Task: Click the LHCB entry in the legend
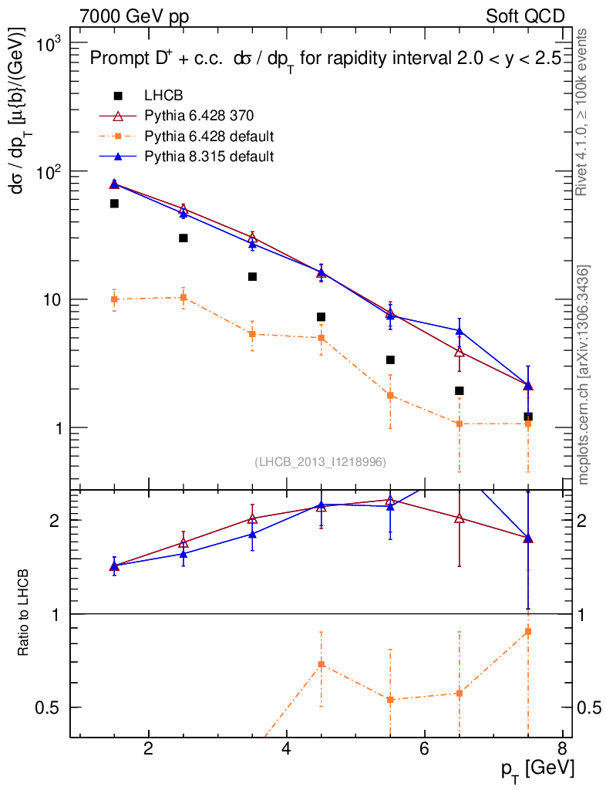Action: (x=163, y=96)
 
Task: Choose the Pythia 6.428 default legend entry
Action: (x=209, y=137)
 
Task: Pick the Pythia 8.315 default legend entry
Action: (x=209, y=157)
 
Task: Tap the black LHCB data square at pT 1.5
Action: (x=114, y=204)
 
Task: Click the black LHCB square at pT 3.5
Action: (x=252, y=277)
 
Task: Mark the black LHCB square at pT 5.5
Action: (x=390, y=360)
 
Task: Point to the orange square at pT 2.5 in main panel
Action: (x=183, y=298)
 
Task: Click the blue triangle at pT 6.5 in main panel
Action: (x=460, y=331)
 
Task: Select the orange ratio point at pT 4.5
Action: (x=322, y=664)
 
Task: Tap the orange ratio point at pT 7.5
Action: (x=528, y=632)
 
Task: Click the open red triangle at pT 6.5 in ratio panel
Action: (x=460, y=518)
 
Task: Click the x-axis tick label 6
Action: (x=424, y=749)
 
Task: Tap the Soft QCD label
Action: (x=525, y=16)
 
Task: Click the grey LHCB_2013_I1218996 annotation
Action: (x=320, y=461)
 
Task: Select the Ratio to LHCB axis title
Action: (x=25, y=613)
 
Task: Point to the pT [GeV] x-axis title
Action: (x=538, y=768)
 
